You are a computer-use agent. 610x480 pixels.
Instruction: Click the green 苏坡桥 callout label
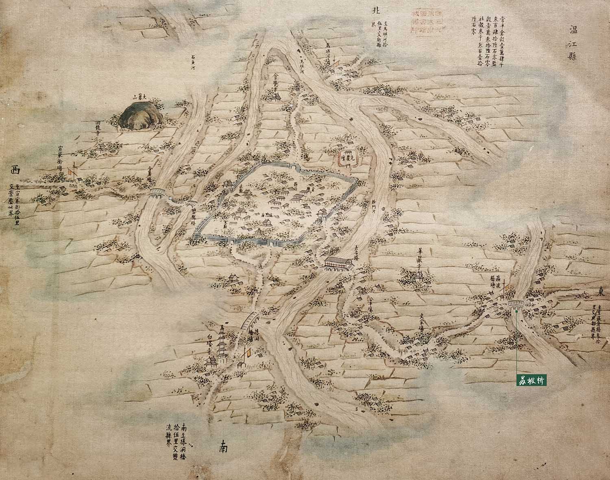(531, 380)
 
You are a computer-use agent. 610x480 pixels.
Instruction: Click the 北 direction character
(375, 11)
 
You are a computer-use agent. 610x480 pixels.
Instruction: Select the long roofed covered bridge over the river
(339, 262)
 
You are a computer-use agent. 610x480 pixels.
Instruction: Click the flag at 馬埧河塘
(336, 65)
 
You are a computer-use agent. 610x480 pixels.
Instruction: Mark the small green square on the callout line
(516, 311)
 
